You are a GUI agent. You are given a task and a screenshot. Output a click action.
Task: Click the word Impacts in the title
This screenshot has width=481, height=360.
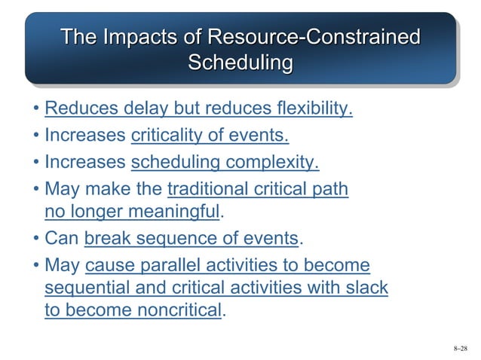pos(134,36)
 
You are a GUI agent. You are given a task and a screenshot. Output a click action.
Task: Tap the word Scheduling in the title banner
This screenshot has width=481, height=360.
pos(240,63)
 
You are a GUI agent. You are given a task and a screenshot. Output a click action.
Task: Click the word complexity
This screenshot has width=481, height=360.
pos(271,162)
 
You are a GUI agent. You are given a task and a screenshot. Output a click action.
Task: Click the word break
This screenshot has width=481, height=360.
pos(106,239)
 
